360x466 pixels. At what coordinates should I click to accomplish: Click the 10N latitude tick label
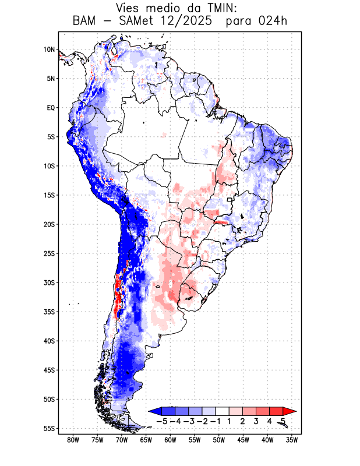[49, 50]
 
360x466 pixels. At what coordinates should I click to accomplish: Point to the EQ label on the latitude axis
[51, 108]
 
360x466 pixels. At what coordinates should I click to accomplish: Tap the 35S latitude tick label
[49, 312]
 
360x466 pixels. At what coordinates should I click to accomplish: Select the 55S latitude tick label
[49, 428]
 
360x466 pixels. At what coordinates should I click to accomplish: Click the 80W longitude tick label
[73, 440]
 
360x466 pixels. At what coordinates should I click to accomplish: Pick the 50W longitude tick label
[219, 440]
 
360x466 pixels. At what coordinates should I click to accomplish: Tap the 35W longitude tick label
[292, 440]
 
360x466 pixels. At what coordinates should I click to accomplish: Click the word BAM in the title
[85, 22]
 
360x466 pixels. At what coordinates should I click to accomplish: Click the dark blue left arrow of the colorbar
[155, 411]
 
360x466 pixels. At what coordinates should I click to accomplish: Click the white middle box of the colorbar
[223, 411]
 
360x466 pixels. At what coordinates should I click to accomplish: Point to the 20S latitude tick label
[49, 224]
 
